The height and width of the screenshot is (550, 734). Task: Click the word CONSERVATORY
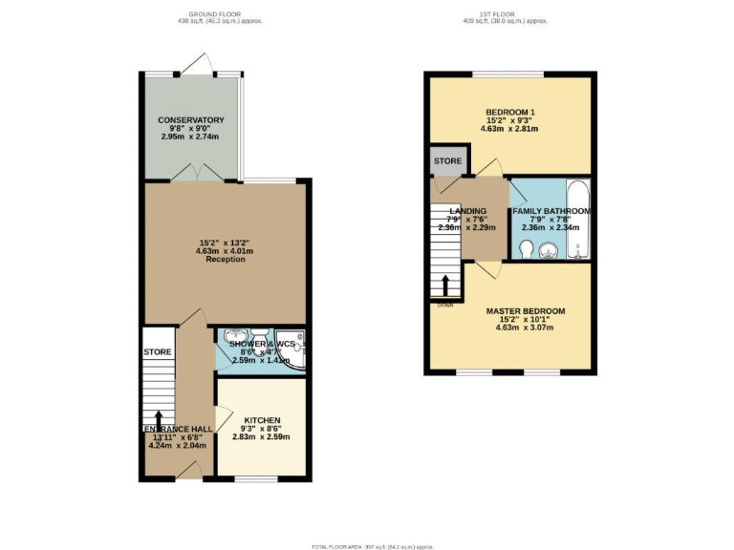pos(191,120)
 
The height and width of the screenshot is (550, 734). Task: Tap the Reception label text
pos(226,259)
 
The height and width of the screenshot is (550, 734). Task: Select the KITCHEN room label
pos(261,420)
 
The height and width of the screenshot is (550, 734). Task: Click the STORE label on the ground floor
pos(157,352)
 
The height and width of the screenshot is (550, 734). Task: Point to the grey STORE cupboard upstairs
pos(447,161)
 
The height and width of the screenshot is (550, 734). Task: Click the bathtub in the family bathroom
pos(578,220)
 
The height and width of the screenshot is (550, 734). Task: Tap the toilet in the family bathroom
pos(526,249)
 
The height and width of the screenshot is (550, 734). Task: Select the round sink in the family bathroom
pos(549,250)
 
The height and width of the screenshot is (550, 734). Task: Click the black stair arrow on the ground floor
pos(158,419)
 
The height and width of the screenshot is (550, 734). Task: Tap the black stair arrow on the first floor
pos(445,286)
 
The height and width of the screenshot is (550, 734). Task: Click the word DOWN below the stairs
pos(445,305)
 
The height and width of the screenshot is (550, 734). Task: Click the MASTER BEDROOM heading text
pos(525,311)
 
